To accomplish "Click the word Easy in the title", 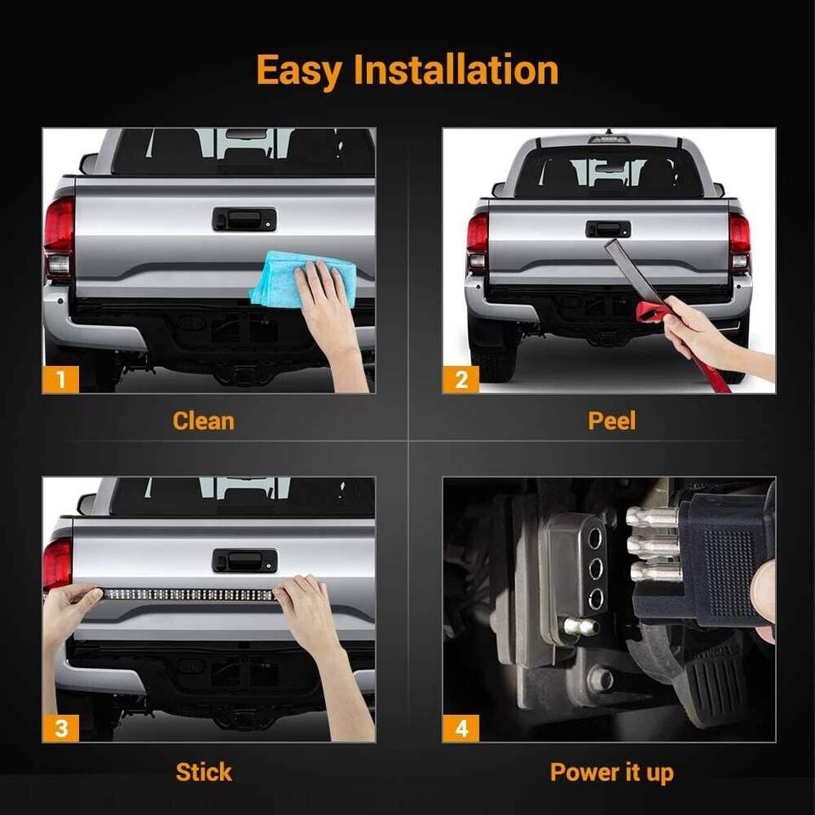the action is pos(300,70).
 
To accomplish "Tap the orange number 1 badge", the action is pos(61,379).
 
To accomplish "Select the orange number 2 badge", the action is pos(461,379).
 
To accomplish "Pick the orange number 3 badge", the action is pos(61,728).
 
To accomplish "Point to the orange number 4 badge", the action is pos(461,728).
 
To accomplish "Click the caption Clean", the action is pos(203,421).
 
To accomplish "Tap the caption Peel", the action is pos(612,421).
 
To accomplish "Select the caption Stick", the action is pos(204,772).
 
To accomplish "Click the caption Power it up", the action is pos(612,773).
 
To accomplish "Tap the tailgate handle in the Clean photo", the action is pos(244,219).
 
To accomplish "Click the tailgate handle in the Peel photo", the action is pos(608,228).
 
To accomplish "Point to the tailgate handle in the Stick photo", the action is pos(244,561).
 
